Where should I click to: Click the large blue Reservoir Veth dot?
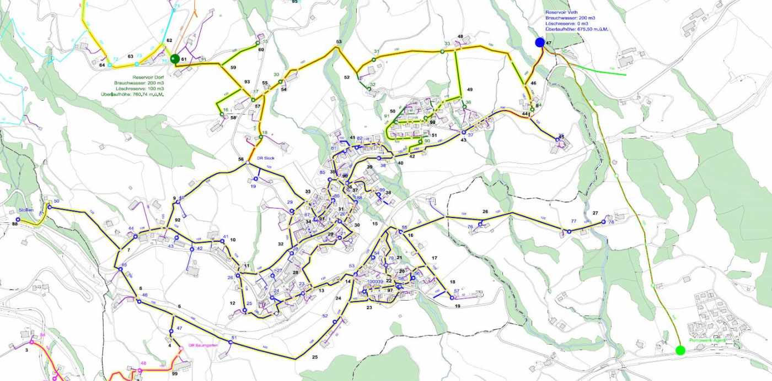[540, 42]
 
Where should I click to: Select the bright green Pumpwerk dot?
[680, 350]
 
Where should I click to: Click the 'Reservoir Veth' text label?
[560, 12]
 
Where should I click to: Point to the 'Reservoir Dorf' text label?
[148, 78]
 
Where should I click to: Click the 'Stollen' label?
[26, 210]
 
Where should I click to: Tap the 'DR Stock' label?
[265, 158]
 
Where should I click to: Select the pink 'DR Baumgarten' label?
[203, 345]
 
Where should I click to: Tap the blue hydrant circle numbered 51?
[230, 342]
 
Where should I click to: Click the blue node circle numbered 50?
[49, 207]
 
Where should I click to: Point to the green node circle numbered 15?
[258, 43]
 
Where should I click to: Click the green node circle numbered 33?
[442, 51]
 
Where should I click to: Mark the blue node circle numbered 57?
[452, 298]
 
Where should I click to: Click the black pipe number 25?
[315, 357]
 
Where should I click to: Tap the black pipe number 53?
[339, 42]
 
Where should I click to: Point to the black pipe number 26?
[485, 211]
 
